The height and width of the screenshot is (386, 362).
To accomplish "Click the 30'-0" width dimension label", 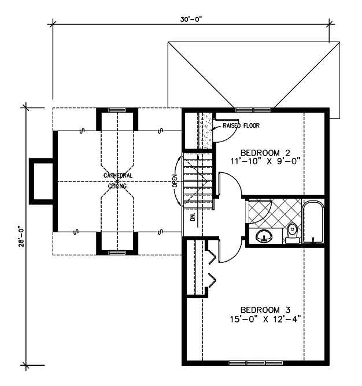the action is (x=191, y=19).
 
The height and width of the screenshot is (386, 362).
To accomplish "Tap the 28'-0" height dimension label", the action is (x=21, y=236).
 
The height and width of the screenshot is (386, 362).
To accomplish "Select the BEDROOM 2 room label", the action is (x=265, y=153).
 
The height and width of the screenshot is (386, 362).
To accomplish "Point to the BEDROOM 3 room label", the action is (x=265, y=310).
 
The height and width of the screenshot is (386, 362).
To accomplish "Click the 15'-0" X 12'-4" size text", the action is (x=265, y=320).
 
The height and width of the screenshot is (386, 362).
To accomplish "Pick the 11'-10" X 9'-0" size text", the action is (x=265, y=161).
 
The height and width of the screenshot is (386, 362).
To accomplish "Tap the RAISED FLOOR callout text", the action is (x=241, y=125).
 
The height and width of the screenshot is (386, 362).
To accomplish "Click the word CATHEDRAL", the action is (x=118, y=176).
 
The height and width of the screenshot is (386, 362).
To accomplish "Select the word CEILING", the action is (x=117, y=186).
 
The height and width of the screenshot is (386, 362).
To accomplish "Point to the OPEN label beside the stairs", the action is (x=175, y=181).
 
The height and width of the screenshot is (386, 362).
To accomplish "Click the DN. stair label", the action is (x=193, y=216).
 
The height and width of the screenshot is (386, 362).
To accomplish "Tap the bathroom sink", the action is (x=264, y=236).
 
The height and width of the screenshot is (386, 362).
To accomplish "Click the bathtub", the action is (x=313, y=222).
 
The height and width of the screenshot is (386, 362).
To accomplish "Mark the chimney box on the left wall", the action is (x=42, y=181).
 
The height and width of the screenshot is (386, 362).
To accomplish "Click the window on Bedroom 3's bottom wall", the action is (x=256, y=363).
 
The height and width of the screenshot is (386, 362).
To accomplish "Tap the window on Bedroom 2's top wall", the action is (x=253, y=110).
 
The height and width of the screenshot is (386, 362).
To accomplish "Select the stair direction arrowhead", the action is (x=197, y=157).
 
